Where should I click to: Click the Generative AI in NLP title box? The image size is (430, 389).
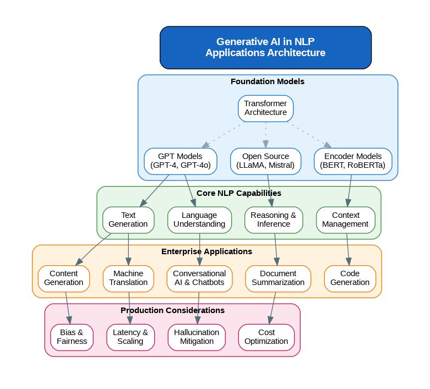tap(265, 47)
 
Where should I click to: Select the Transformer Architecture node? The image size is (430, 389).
tap(265, 108)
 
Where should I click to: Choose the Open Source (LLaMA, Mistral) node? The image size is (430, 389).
tap(265, 161)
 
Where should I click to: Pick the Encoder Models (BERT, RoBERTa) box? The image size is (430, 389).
tap(353, 161)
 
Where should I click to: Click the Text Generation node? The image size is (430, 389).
tap(128, 220)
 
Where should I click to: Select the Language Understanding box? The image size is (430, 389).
tap(199, 220)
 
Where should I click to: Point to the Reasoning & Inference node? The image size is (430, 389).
tap(274, 220)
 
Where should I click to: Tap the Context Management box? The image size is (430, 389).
tap(346, 220)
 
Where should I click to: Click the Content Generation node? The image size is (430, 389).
tap(64, 278)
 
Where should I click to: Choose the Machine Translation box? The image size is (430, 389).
tap(128, 278)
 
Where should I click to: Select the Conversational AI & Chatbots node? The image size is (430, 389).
tap(199, 278)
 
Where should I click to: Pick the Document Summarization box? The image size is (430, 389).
tap(278, 278)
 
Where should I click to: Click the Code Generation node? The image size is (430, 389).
tap(350, 278)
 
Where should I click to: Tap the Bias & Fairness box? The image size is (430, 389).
tap(72, 337)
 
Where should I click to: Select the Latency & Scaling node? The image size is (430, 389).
tap(130, 337)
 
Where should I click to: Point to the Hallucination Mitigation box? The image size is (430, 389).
tap(197, 337)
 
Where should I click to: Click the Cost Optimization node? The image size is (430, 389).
tap(266, 337)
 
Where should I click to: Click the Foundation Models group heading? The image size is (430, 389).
tap(268, 82)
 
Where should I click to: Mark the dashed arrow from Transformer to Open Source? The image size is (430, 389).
tap(266, 135)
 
